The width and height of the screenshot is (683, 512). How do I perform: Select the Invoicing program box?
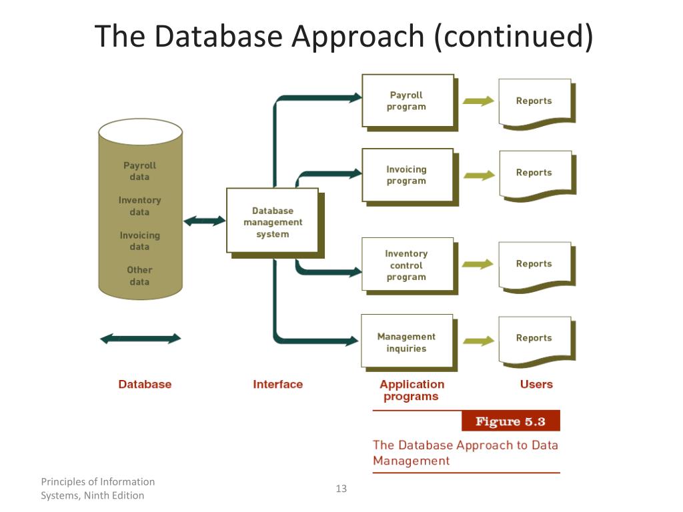pos(407,175)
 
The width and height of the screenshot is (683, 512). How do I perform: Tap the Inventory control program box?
pos(407,265)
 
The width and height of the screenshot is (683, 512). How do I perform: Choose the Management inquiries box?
pos(407,342)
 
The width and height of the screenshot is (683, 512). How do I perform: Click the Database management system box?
pos(272,222)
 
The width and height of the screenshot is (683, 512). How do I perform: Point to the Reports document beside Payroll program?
pos(534,101)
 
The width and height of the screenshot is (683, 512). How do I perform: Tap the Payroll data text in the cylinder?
pos(139,171)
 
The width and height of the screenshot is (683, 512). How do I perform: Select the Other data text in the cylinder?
pos(139,276)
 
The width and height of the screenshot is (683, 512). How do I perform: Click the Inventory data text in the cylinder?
pos(139,206)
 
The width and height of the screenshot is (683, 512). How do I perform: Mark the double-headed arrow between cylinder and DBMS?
pos(205,221)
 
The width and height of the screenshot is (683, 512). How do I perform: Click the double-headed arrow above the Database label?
pos(140,339)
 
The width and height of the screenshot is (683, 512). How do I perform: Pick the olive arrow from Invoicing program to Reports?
pos(478,175)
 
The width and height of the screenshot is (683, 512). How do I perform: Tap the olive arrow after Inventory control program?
pos(478,264)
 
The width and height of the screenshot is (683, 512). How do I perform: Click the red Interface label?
pos(277,385)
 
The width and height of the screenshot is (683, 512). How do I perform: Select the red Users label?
pos(536,385)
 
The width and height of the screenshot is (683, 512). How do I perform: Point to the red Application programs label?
pos(412,391)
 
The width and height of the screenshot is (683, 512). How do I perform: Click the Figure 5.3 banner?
pos(510,421)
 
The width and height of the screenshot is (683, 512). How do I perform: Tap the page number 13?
pos(341,489)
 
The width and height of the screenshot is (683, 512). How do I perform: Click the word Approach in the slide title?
pos(358,37)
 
